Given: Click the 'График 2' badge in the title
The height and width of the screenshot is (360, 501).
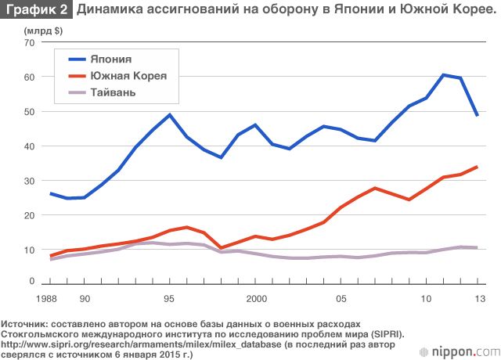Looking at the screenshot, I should pyautogui.click(x=36, y=11).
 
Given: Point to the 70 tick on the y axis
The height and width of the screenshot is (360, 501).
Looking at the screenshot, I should pyautogui.click(x=29, y=43).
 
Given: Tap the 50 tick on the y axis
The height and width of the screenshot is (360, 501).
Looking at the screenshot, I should pyautogui.click(x=29, y=112).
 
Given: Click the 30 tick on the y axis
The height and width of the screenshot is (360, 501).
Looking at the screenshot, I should pyautogui.click(x=29, y=181).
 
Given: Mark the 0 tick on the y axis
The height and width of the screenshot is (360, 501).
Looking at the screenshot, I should pyautogui.click(x=31, y=280).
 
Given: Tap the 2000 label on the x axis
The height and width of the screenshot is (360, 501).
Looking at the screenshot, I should pyautogui.click(x=256, y=298).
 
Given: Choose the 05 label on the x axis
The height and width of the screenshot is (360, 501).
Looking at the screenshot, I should pyautogui.click(x=341, y=298).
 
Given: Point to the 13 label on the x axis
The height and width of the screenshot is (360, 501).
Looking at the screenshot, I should pyautogui.click(x=478, y=298).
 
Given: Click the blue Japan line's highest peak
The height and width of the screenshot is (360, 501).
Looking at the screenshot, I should pyautogui.click(x=443, y=75).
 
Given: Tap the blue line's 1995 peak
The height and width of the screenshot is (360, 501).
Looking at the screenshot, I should pyautogui.click(x=170, y=115).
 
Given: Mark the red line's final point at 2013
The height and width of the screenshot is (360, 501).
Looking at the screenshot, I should pyautogui.click(x=477, y=167).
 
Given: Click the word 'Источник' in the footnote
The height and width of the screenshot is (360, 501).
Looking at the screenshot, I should pyautogui.click(x=24, y=323).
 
